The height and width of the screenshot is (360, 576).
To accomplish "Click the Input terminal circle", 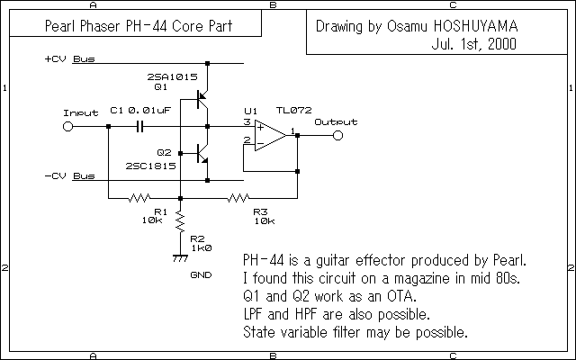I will pos(67,127).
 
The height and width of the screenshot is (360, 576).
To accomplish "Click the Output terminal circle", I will pos(337,135).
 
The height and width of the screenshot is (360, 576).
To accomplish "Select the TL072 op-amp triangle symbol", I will pos(268,135).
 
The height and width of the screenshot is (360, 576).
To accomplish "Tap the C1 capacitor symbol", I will pos(140,127).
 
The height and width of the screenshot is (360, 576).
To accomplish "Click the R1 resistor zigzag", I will pos(141,198).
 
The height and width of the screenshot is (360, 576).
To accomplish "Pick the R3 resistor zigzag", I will pos(238,198).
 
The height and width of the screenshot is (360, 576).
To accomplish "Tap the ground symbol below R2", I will pos(180,258).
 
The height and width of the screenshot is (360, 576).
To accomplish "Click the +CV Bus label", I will pos(68,60).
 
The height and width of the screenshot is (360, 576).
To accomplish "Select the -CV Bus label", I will pos(68,175).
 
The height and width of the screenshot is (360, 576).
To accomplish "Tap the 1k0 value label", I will pos(202,246).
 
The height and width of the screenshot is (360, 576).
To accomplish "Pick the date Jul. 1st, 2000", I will pos(474,42).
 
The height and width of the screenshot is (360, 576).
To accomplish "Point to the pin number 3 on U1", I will pos(247,121).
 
